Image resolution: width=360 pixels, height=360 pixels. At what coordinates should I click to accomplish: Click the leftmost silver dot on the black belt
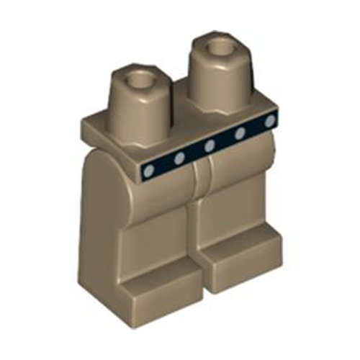(149, 171)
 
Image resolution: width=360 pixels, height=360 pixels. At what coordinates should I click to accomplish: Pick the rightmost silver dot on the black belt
(270, 121)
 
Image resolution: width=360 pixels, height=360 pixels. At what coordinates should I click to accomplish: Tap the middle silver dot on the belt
(210, 146)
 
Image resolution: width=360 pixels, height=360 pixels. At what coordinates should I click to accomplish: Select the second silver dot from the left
(180, 158)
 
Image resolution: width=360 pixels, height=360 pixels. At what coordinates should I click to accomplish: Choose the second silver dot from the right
(240, 133)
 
